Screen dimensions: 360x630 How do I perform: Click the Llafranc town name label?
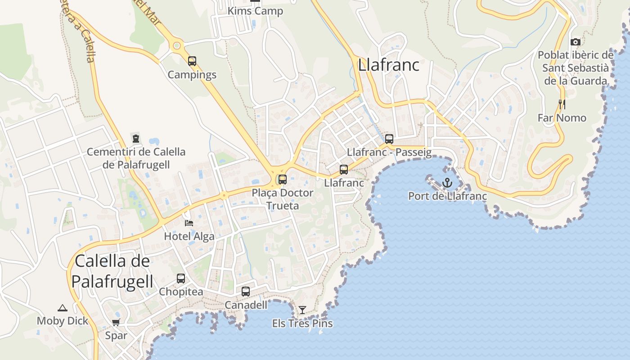click(389, 65)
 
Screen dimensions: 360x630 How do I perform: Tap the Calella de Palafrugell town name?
click(112, 271)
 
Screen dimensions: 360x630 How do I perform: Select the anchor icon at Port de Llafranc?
click(447, 183)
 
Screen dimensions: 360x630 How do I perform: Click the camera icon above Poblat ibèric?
click(575, 42)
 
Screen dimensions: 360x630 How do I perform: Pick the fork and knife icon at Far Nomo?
click(562, 104)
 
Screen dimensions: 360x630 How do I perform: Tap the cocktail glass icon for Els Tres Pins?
click(302, 310)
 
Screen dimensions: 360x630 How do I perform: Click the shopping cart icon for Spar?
click(116, 322)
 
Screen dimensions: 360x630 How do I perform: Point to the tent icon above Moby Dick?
click(63, 308)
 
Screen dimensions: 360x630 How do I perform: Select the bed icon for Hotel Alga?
click(189, 223)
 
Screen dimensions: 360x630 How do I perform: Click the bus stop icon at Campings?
click(192, 61)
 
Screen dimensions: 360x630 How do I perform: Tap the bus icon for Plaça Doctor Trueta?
click(283, 180)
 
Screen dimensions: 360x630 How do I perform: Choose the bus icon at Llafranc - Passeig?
click(389, 139)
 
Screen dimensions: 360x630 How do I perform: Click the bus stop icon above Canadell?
click(246, 292)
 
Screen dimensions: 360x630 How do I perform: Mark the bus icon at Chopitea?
click(181, 279)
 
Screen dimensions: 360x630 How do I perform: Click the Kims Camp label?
click(256, 11)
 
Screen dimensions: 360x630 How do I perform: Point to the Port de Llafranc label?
click(447, 196)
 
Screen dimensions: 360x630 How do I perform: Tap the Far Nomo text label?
click(562, 118)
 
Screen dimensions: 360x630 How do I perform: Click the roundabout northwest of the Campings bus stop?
click(177, 45)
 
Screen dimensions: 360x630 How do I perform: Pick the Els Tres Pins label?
click(302, 323)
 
